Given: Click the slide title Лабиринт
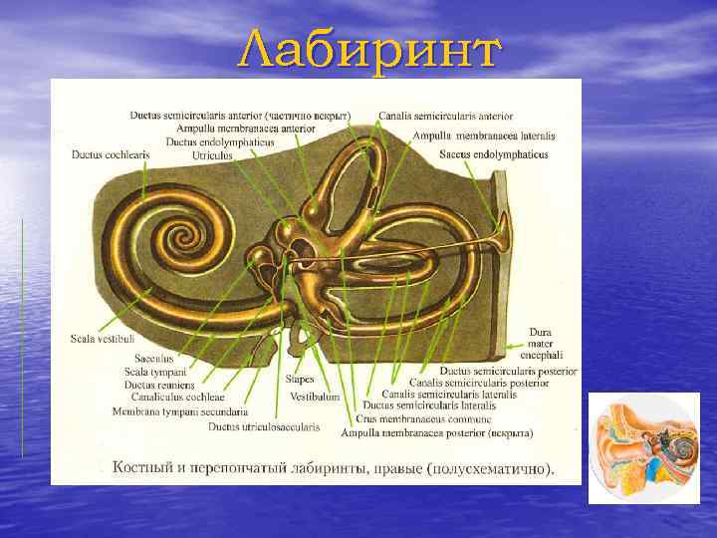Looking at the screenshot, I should point(367,49).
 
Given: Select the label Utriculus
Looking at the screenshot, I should point(212,155).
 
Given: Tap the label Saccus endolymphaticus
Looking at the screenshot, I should point(495,154).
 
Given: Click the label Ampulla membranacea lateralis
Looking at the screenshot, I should point(484,134).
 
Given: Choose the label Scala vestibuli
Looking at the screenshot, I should point(102,339).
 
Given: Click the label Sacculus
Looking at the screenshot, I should point(154,358).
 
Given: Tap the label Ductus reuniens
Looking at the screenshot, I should point(159,384).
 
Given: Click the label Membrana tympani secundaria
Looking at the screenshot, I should point(180,410).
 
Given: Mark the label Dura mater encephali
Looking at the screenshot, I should point(547,343).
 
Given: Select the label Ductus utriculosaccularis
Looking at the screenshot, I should point(264,426).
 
